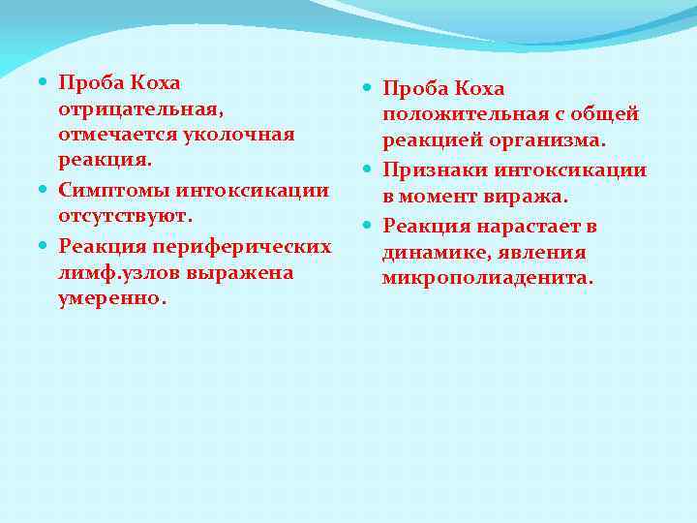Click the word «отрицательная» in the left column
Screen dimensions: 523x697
[123, 108]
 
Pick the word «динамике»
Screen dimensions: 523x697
[432, 253]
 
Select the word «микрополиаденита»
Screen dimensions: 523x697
[488, 279]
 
